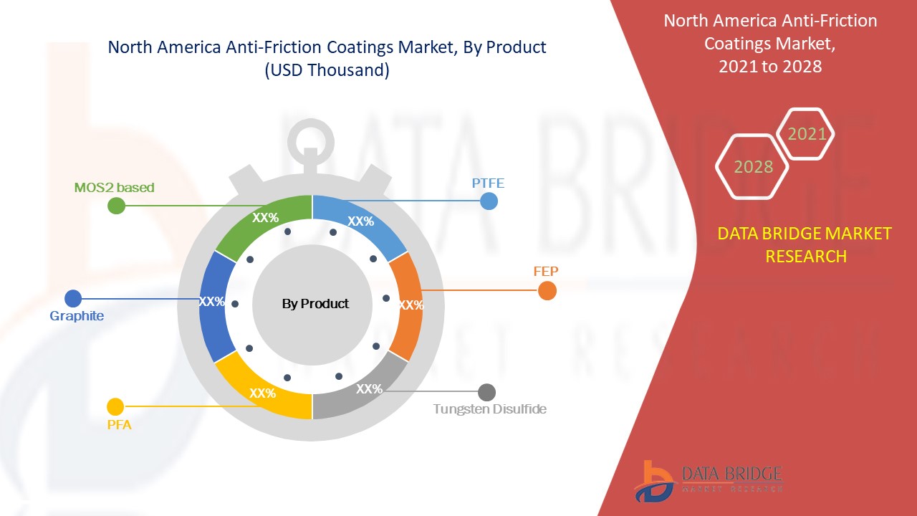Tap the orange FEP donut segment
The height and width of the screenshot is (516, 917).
[405, 308]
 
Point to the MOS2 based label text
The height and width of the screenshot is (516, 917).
[114, 188]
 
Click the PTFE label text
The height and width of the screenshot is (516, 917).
[488, 183]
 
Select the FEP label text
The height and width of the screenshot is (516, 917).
[546, 272]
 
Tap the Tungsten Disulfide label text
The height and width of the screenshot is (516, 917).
[490, 409]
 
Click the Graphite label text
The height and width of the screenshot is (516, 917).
[77, 316]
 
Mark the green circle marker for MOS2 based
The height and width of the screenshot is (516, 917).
[116, 206]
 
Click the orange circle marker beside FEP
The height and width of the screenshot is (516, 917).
[547, 291]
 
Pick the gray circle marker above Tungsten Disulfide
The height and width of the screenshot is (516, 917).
[486, 392]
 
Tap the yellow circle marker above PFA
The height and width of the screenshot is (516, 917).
[115, 407]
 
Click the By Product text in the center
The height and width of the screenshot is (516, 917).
[315, 304]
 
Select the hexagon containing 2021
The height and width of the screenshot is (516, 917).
[807, 134]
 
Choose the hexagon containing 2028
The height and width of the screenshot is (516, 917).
[753, 167]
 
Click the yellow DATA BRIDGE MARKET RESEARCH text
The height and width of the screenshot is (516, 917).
[805, 244]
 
